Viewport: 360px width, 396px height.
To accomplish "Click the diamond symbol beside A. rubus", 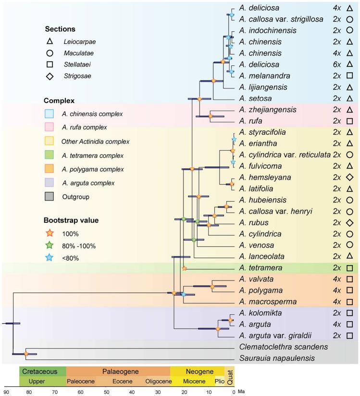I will pos(350,223).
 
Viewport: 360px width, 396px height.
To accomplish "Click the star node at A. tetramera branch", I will pos(184,268).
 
